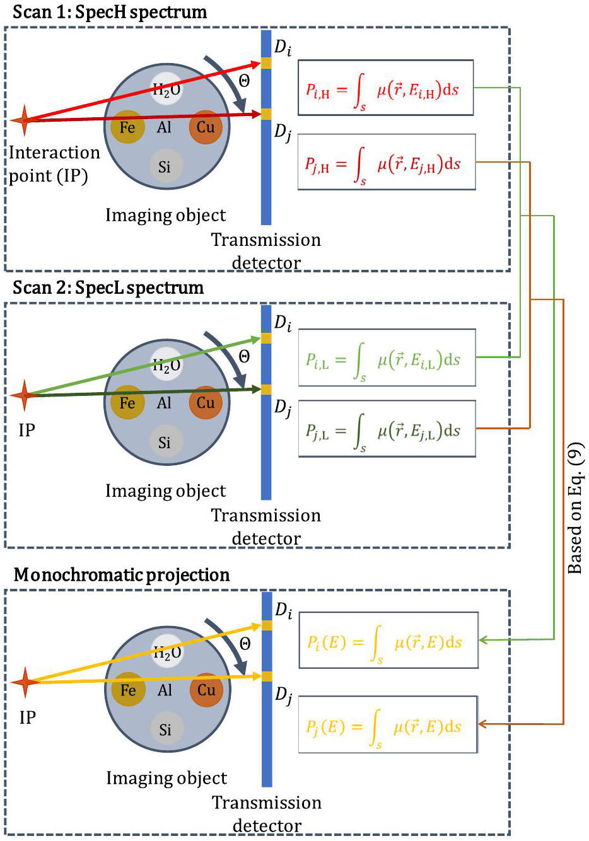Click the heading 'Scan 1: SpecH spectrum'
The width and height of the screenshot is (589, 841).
pos(110,13)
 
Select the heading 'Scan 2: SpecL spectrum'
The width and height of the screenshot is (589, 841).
pos(108,288)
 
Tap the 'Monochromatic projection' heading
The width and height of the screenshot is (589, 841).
pos(122,575)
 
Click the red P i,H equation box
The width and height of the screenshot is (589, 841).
pos(385,88)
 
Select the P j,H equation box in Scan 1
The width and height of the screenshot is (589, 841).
pos(387,162)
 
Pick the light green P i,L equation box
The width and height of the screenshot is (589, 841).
pos(387,357)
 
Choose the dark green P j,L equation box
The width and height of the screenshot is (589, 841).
pos(387,429)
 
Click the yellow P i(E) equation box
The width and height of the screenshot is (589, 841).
pos(388,640)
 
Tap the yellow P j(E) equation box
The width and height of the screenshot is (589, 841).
pos(388,724)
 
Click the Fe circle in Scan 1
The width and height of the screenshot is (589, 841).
pos(127,127)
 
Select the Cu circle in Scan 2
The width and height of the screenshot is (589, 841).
pos(206,402)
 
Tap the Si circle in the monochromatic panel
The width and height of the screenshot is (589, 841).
pos(165,729)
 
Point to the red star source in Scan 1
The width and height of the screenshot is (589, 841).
pos(25,120)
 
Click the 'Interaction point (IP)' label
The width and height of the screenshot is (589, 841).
pos(54,165)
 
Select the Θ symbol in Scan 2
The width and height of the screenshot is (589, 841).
pos(244,356)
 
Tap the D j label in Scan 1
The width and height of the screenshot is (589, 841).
pos(283,134)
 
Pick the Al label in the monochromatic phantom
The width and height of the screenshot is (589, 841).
pos(165,690)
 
